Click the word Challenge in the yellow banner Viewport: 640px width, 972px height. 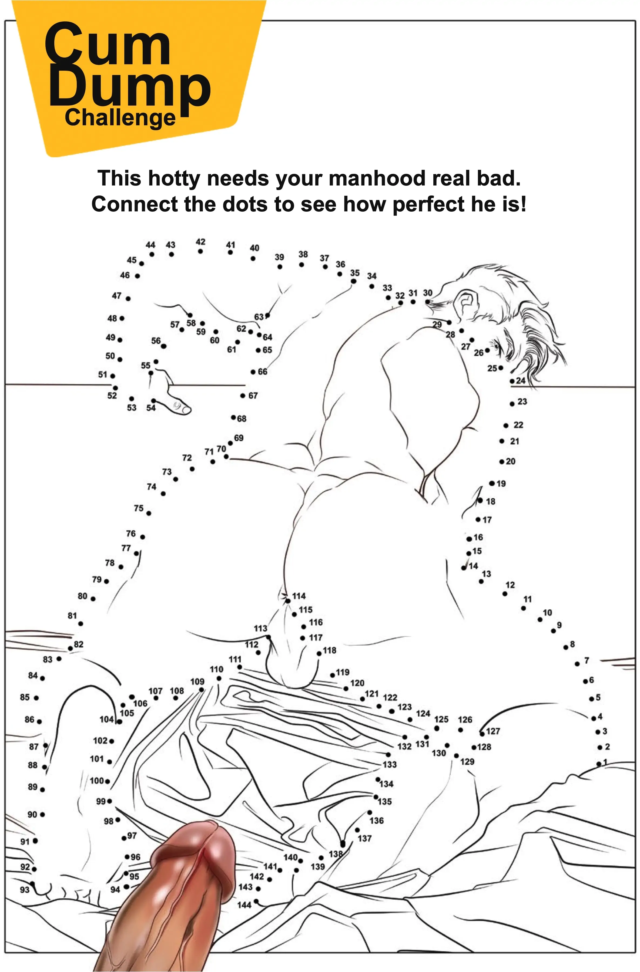click(120, 118)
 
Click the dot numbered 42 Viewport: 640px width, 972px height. click(200, 251)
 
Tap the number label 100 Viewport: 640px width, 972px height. click(97, 781)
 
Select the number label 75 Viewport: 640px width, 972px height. click(139, 508)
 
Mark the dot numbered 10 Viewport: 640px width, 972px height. click(540, 620)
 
